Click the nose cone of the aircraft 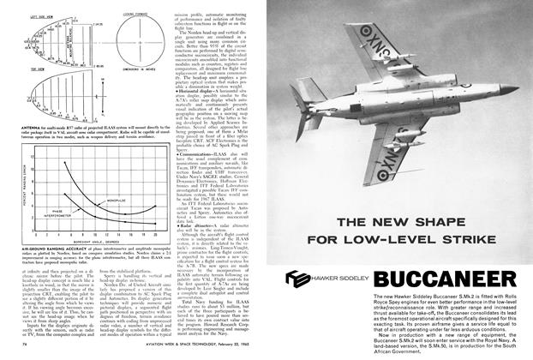click(512, 87)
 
